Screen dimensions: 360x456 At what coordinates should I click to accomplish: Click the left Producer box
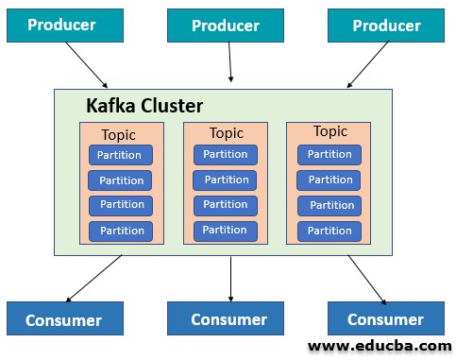coord(61,26)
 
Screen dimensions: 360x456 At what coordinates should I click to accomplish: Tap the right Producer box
coord(385,26)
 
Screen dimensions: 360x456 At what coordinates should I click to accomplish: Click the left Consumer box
coord(64,319)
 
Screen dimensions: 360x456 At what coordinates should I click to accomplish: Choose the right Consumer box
coord(385,319)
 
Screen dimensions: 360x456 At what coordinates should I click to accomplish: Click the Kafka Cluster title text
coord(144,105)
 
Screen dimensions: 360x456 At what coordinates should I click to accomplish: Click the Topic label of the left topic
coord(118,134)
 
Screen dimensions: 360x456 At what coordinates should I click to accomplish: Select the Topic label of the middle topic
coord(226,133)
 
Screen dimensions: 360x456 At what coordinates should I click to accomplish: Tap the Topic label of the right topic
coord(329,131)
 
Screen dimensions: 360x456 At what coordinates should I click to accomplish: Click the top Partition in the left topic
coord(121,155)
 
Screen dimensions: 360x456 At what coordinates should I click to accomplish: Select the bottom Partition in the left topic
coord(121,231)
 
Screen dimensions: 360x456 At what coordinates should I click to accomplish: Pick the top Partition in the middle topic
coord(226,154)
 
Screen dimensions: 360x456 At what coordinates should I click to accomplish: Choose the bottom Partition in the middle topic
coord(226,230)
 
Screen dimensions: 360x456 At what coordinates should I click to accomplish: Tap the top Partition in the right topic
coord(329,154)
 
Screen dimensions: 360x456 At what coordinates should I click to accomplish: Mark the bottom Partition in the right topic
coord(329,231)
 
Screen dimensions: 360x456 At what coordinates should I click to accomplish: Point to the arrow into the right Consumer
coord(366,278)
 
